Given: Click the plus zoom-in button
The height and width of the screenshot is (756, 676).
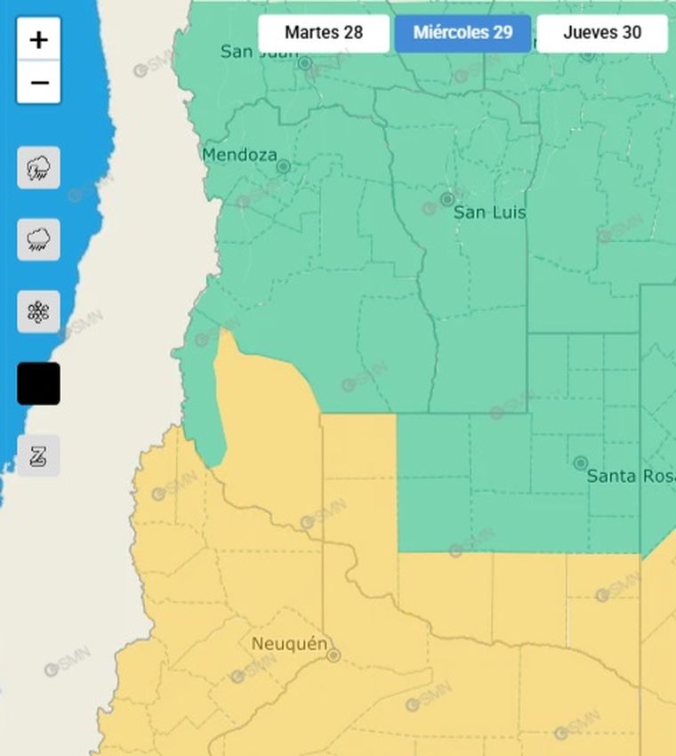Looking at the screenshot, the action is [38, 40].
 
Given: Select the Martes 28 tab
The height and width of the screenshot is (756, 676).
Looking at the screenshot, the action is [324, 33].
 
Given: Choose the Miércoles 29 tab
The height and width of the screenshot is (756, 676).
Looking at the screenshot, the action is [463, 33].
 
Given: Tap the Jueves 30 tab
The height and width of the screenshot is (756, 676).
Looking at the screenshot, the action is [602, 33].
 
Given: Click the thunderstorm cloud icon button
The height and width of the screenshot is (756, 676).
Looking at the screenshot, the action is [39, 167].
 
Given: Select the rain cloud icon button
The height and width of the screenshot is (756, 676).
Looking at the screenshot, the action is [39, 239].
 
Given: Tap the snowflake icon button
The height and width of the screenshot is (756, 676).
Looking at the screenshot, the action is [39, 311].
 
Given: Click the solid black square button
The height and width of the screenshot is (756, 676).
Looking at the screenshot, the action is [39, 383].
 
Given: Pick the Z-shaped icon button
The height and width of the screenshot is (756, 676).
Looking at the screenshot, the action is [39, 455].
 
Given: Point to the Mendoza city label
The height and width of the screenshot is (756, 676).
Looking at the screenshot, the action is [239, 155].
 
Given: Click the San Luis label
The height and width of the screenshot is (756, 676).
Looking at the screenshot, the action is [489, 213].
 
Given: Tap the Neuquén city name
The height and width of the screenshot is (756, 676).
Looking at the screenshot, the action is [289, 643].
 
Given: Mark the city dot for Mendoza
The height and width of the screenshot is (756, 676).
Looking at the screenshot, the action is [283, 166].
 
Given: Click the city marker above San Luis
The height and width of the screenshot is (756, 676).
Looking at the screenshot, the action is [447, 199].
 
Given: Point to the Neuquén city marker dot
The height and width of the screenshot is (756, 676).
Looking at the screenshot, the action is [334, 655].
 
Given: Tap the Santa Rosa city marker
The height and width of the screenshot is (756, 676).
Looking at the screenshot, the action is [581, 463].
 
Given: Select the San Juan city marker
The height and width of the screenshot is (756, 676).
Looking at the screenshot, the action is [305, 63].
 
